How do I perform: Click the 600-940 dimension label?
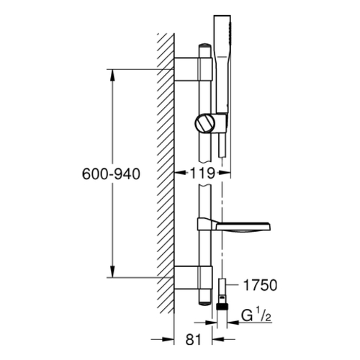coord(111,174)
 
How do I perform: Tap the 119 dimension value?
coord(202,173)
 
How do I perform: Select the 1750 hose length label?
coord(260,285)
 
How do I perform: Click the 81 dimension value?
coord(193,340)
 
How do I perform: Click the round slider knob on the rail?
coord(204,122)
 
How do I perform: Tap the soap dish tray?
coord(234,224)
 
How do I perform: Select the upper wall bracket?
coord(193,69)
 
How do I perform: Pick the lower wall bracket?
coord(193,277)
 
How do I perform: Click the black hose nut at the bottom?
coord(222,306)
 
